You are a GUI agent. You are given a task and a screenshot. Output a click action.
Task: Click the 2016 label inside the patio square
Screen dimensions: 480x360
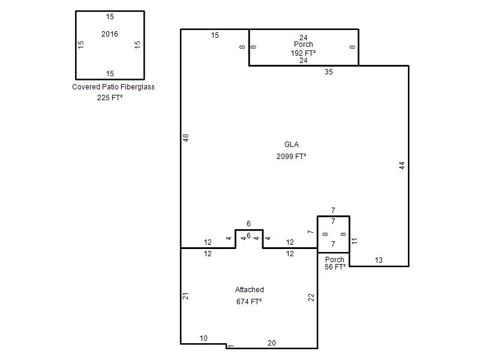click(110, 34)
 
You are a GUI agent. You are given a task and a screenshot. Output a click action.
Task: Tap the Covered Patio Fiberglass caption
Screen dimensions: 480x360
click(113, 87)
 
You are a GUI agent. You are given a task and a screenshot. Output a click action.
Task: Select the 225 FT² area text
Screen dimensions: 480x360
click(110, 98)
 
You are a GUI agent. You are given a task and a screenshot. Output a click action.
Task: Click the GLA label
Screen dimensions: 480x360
click(292, 145)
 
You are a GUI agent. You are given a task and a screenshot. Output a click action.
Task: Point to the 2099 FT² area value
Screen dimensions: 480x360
click(291, 157)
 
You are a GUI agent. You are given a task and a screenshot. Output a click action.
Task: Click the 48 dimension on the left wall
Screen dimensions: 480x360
click(186, 138)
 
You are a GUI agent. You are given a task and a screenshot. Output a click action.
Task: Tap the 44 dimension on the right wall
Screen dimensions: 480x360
click(402, 166)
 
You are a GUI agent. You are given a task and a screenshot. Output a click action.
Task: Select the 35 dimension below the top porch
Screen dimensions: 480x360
click(328, 72)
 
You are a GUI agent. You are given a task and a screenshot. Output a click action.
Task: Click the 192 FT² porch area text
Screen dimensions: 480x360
click(303, 53)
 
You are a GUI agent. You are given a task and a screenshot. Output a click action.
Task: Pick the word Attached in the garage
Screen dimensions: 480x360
click(250, 290)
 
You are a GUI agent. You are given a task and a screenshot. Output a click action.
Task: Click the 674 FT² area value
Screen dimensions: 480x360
click(249, 302)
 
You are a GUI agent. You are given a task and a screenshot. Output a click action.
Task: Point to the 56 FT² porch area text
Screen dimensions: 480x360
click(335, 267)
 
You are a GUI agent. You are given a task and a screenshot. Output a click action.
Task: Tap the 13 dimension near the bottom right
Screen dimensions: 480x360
click(379, 260)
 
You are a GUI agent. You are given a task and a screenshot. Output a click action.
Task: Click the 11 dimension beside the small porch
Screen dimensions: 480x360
click(354, 241)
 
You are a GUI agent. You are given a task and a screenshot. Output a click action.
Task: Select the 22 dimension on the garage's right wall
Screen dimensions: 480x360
click(311, 297)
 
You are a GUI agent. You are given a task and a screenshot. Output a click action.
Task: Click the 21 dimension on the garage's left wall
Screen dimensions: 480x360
click(185, 296)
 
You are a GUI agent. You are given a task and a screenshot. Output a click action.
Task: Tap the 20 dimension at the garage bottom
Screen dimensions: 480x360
click(272, 343)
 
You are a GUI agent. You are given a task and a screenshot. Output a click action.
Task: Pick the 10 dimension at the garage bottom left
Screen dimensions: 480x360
click(203, 338)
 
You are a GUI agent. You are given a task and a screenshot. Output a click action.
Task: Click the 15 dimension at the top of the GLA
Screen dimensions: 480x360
click(215, 35)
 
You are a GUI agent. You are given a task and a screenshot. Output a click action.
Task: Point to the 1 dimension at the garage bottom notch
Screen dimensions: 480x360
click(231, 346)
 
